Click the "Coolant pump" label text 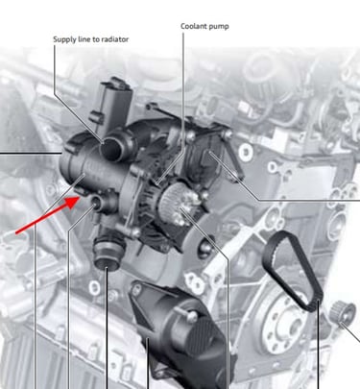(204, 26)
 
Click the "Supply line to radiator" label (91, 39)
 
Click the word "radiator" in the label (114, 39)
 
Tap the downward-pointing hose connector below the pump (108, 252)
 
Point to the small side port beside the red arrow (96, 202)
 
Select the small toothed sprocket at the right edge (344, 311)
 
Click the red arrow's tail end (16, 232)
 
